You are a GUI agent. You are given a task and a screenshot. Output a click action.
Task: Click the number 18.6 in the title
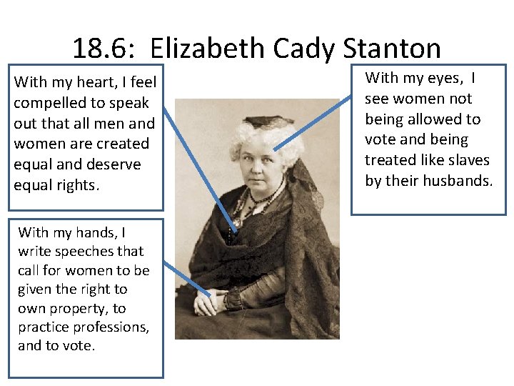(x=101, y=49)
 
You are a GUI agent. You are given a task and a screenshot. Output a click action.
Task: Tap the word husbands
(x=458, y=181)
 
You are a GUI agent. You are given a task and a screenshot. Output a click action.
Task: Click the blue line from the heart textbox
(x=200, y=172)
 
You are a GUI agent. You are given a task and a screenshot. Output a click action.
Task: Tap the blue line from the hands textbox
(x=187, y=279)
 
